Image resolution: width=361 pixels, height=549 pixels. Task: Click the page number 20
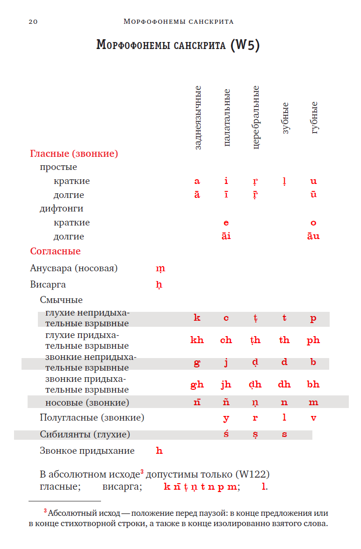(x=33, y=21)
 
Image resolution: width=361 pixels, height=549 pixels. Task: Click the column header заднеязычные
(x=197, y=118)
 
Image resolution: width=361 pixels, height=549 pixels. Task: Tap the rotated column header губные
(x=314, y=118)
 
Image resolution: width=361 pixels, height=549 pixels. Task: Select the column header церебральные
(x=255, y=118)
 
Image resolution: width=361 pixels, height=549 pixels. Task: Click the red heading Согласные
(x=55, y=251)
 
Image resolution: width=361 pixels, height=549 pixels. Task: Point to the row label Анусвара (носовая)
(x=74, y=268)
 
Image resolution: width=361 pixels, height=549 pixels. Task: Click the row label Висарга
(x=48, y=284)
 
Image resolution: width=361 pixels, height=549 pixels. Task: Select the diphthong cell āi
(x=226, y=236)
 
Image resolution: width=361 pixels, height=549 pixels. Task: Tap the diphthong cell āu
(x=313, y=236)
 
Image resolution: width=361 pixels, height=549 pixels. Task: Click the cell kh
(x=197, y=340)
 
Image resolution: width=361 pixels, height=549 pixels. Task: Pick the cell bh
(x=313, y=385)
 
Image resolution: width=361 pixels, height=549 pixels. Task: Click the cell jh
(x=226, y=385)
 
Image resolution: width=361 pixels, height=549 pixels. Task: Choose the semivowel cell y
(x=226, y=418)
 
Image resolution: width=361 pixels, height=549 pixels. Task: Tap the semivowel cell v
(x=313, y=418)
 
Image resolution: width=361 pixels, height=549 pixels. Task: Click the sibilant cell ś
(x=226, y=434)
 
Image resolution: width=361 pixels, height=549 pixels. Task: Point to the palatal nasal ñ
(x=226, y=402)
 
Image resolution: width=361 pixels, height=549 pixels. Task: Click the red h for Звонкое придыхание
(x=159, y=450)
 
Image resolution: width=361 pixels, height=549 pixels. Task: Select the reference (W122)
(x=253, y=474)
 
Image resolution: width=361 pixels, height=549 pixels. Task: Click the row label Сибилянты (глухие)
(x=85, y=435)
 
